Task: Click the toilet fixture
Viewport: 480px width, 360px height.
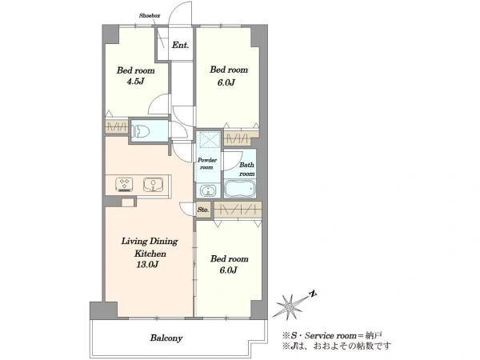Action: (x=141, y=132)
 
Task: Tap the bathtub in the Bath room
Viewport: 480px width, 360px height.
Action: (x=240, y=188)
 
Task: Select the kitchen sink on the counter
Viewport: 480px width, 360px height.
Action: (x=153, y=185)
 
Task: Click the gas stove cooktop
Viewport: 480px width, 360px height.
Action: (x=124, y=185)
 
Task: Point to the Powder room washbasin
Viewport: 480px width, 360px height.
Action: (x=208, y=190)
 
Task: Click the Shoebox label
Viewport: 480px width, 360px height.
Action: (x=150, y=15)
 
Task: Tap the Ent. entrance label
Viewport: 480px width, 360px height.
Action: (x=180, y=46)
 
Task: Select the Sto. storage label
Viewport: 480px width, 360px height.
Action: (x=203, y=210)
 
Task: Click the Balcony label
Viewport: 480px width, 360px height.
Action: (x=166, y=338)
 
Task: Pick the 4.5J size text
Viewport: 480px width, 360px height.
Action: (x=135, y=82)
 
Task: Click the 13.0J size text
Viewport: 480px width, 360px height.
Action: (x=147, y=265)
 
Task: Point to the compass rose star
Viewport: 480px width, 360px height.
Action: (x=290, y=306)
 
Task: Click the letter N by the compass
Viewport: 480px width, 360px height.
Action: (x=313, y=294)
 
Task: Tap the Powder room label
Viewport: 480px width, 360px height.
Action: (x=207, y=163)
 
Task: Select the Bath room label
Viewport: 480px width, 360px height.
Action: (x=246, y=169)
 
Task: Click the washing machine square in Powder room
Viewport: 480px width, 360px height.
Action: (x=208, y=139)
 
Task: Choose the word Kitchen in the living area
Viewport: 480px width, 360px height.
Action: (x=150, y=254)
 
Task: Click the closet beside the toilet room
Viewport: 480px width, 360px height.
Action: (x=117, y=126)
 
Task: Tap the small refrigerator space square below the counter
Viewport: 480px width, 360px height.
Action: (x=128, y=202)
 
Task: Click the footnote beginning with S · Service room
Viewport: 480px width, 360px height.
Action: (x=332, y=335)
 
